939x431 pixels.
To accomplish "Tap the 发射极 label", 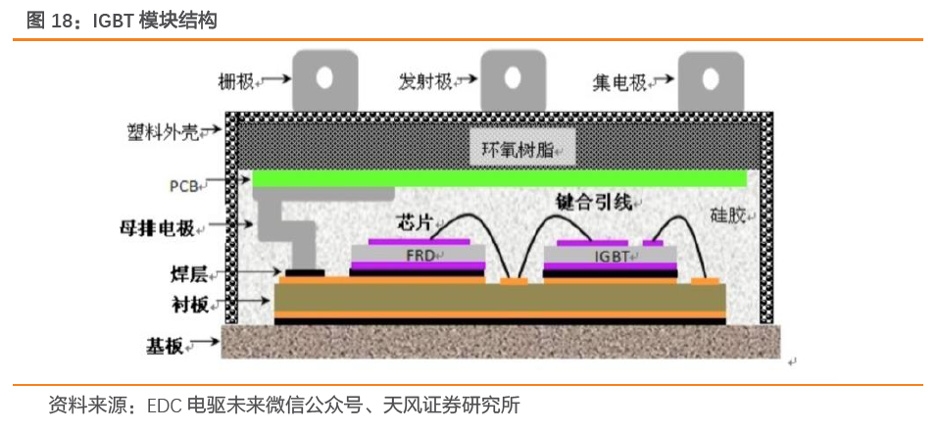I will pyautogui.click(x=425, y=81).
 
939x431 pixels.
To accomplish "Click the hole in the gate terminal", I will pyautogui.click(x=324, y=76).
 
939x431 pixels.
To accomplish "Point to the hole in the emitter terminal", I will pyautogui.click(x=512, y=76).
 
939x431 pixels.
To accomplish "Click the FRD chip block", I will pyautogui.click(x=418, y=257).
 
